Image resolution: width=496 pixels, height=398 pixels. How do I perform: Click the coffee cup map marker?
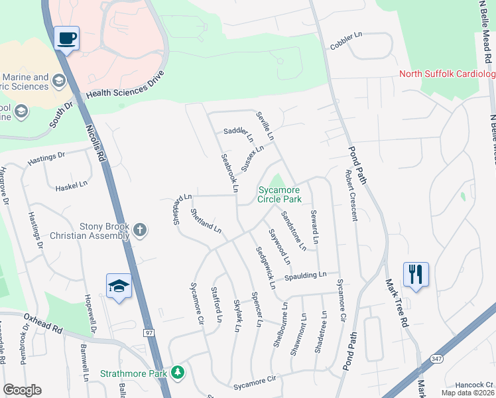click(x=66, y=38)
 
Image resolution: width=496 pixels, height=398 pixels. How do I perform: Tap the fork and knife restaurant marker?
click(x=416, y=274)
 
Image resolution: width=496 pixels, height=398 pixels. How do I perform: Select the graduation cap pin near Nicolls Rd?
click(x=119, y=286)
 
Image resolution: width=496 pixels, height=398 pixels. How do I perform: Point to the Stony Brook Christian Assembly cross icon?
click(x=139, y=230)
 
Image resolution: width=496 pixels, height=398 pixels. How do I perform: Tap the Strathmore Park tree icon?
click(x=177, y=373)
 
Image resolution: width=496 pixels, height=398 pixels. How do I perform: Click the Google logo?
click(x=22, y=390)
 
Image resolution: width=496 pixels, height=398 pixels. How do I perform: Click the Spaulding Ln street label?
click(x=306, y=275)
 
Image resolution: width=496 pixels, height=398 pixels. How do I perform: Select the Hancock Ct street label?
click(x=471, y=385)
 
